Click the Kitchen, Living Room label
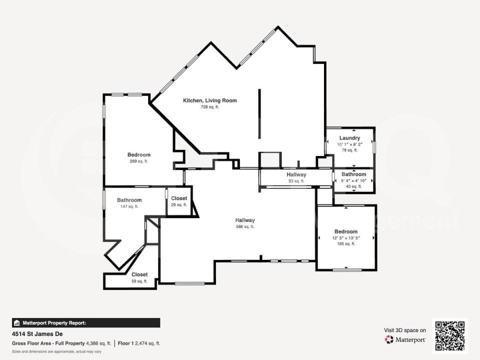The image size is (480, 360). [x=209, y=100]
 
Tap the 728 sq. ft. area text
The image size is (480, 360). [x=209, y=107]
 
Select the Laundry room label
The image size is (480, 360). [x=349, y=138]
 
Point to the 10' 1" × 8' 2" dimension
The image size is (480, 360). [x=349, y=144]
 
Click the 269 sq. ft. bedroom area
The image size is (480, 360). [x=138, y=161]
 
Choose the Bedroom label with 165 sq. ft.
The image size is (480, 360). [x=346, y=231]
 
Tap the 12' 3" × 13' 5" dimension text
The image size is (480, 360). [x=346, y=238]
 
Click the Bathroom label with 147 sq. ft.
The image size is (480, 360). [x=129, y=200]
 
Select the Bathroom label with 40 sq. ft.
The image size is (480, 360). [x=354, y=174]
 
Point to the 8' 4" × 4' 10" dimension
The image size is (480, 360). [x=354, y=180]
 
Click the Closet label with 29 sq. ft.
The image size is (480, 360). [x=179, y=198]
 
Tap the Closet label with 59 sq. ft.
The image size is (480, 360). [x=139, y=274]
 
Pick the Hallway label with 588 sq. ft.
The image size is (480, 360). [x=245, y=220]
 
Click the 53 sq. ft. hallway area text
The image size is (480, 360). [x=296, y=181]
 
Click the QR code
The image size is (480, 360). [x=449, y=336]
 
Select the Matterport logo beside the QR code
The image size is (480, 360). [x=404, y=339]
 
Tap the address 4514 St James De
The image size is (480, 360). [x=37, y=333]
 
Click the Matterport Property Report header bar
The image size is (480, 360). [x=86, y=323]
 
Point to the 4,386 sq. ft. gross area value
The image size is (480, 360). [x=98, y=343]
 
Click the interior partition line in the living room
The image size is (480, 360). [x=259, y=113]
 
